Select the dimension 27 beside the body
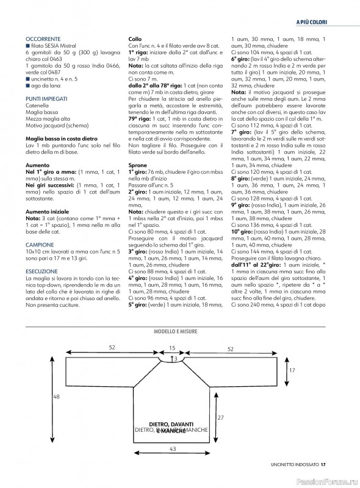[x=220, y=417]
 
